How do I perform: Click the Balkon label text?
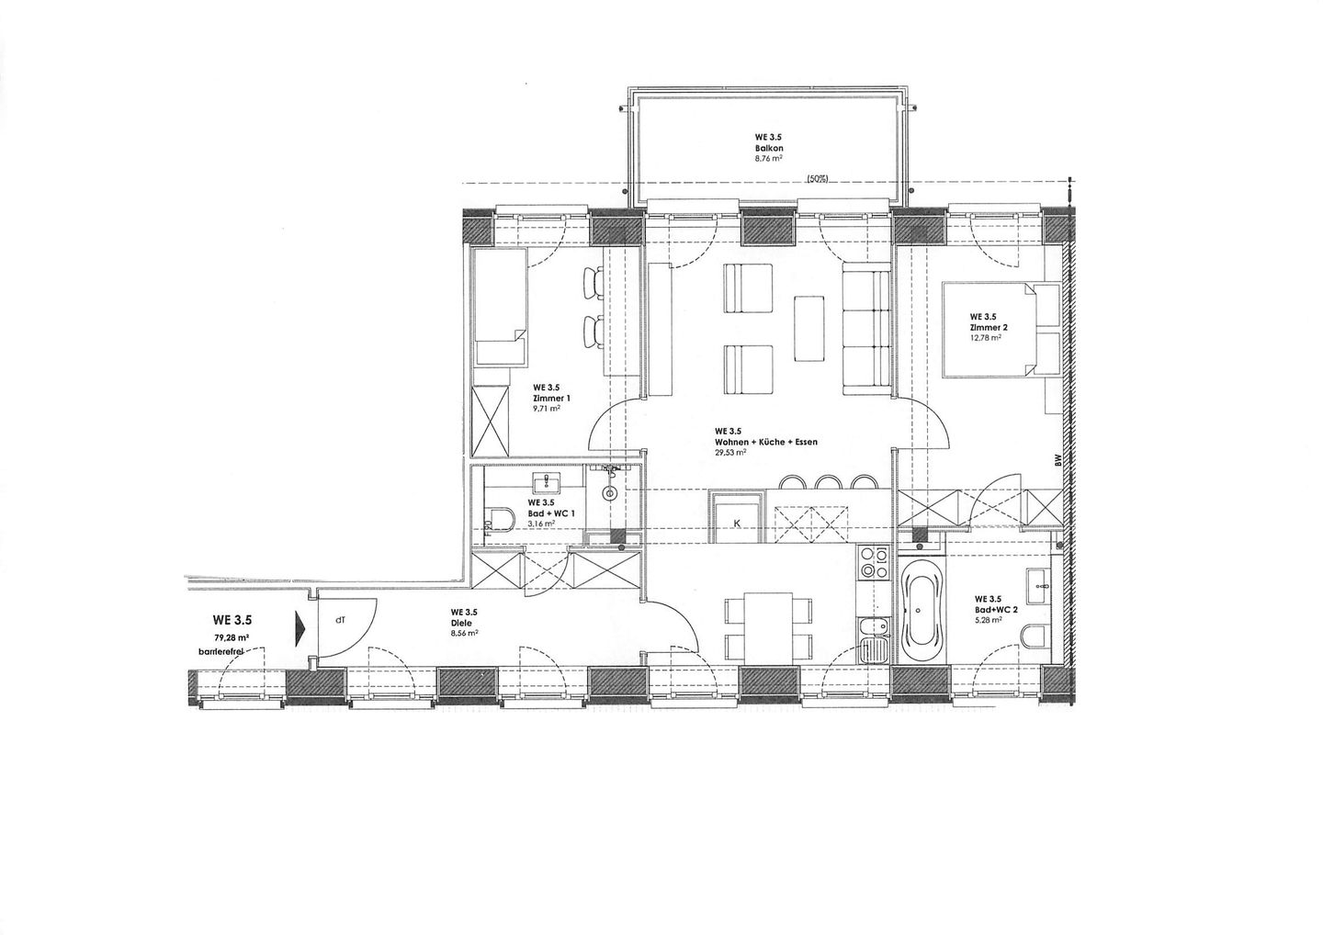coord(770,148)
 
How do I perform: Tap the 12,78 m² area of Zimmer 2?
coord(985,337)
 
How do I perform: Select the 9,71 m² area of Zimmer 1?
coord(547,409)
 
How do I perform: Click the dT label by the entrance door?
coord(340,620)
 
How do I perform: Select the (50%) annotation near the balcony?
coord(815,179)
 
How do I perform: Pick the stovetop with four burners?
coord(872,562)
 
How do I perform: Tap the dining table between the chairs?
coord(768,627)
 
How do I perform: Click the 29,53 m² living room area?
coord(729,453)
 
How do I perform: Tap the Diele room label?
coord(462,622)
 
